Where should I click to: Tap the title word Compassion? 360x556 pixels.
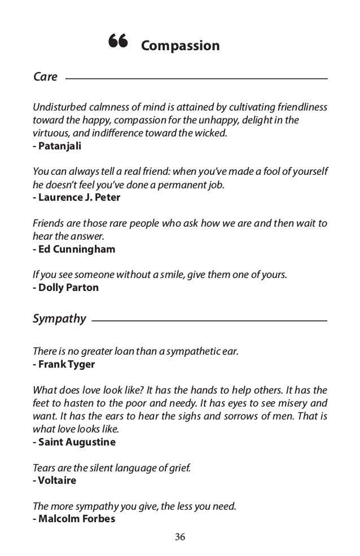coord(180,45)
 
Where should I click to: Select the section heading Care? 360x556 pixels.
coord(46,77)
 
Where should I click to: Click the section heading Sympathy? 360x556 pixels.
coord(59,320)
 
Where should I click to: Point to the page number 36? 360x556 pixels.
coord(180,536)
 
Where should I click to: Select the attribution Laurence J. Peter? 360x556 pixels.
coord(76,197)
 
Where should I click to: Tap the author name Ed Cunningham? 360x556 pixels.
coord(74,249)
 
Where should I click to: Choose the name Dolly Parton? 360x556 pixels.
coord(65,288)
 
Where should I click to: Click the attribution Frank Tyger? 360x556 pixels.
coord(64,364)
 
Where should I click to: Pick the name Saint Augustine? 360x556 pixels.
coord(74,442)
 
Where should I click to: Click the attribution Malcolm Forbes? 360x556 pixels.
coord(73,519)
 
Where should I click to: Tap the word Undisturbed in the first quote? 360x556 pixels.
coord(60,108)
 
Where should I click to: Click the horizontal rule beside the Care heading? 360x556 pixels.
coord(196,78)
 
